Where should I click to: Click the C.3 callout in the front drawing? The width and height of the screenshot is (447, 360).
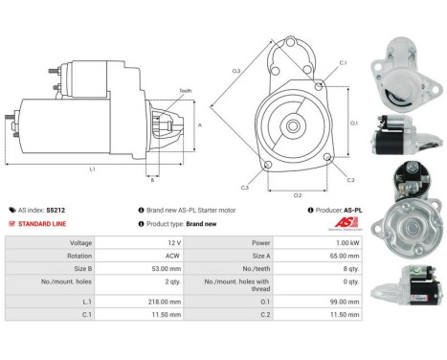click(x=245, y=187)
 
